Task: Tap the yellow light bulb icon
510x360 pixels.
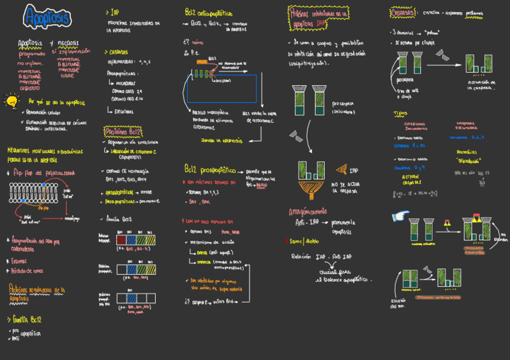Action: tap(11, 101)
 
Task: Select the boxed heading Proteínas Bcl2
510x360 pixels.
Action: tap(123, 132)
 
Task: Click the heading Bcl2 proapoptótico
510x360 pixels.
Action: tap(210, 170)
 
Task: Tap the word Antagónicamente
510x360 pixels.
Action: tap(308, 212)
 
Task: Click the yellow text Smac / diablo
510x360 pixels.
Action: tap(304, 241)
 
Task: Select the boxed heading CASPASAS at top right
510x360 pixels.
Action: tap(403, 12)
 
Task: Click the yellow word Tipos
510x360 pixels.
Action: tap(400, 113)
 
